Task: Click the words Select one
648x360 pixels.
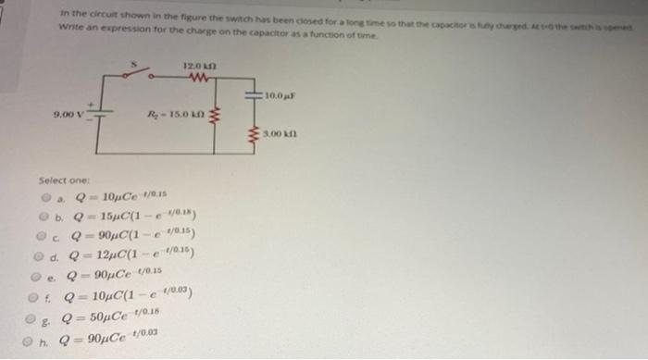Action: (x=62, y=180)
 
